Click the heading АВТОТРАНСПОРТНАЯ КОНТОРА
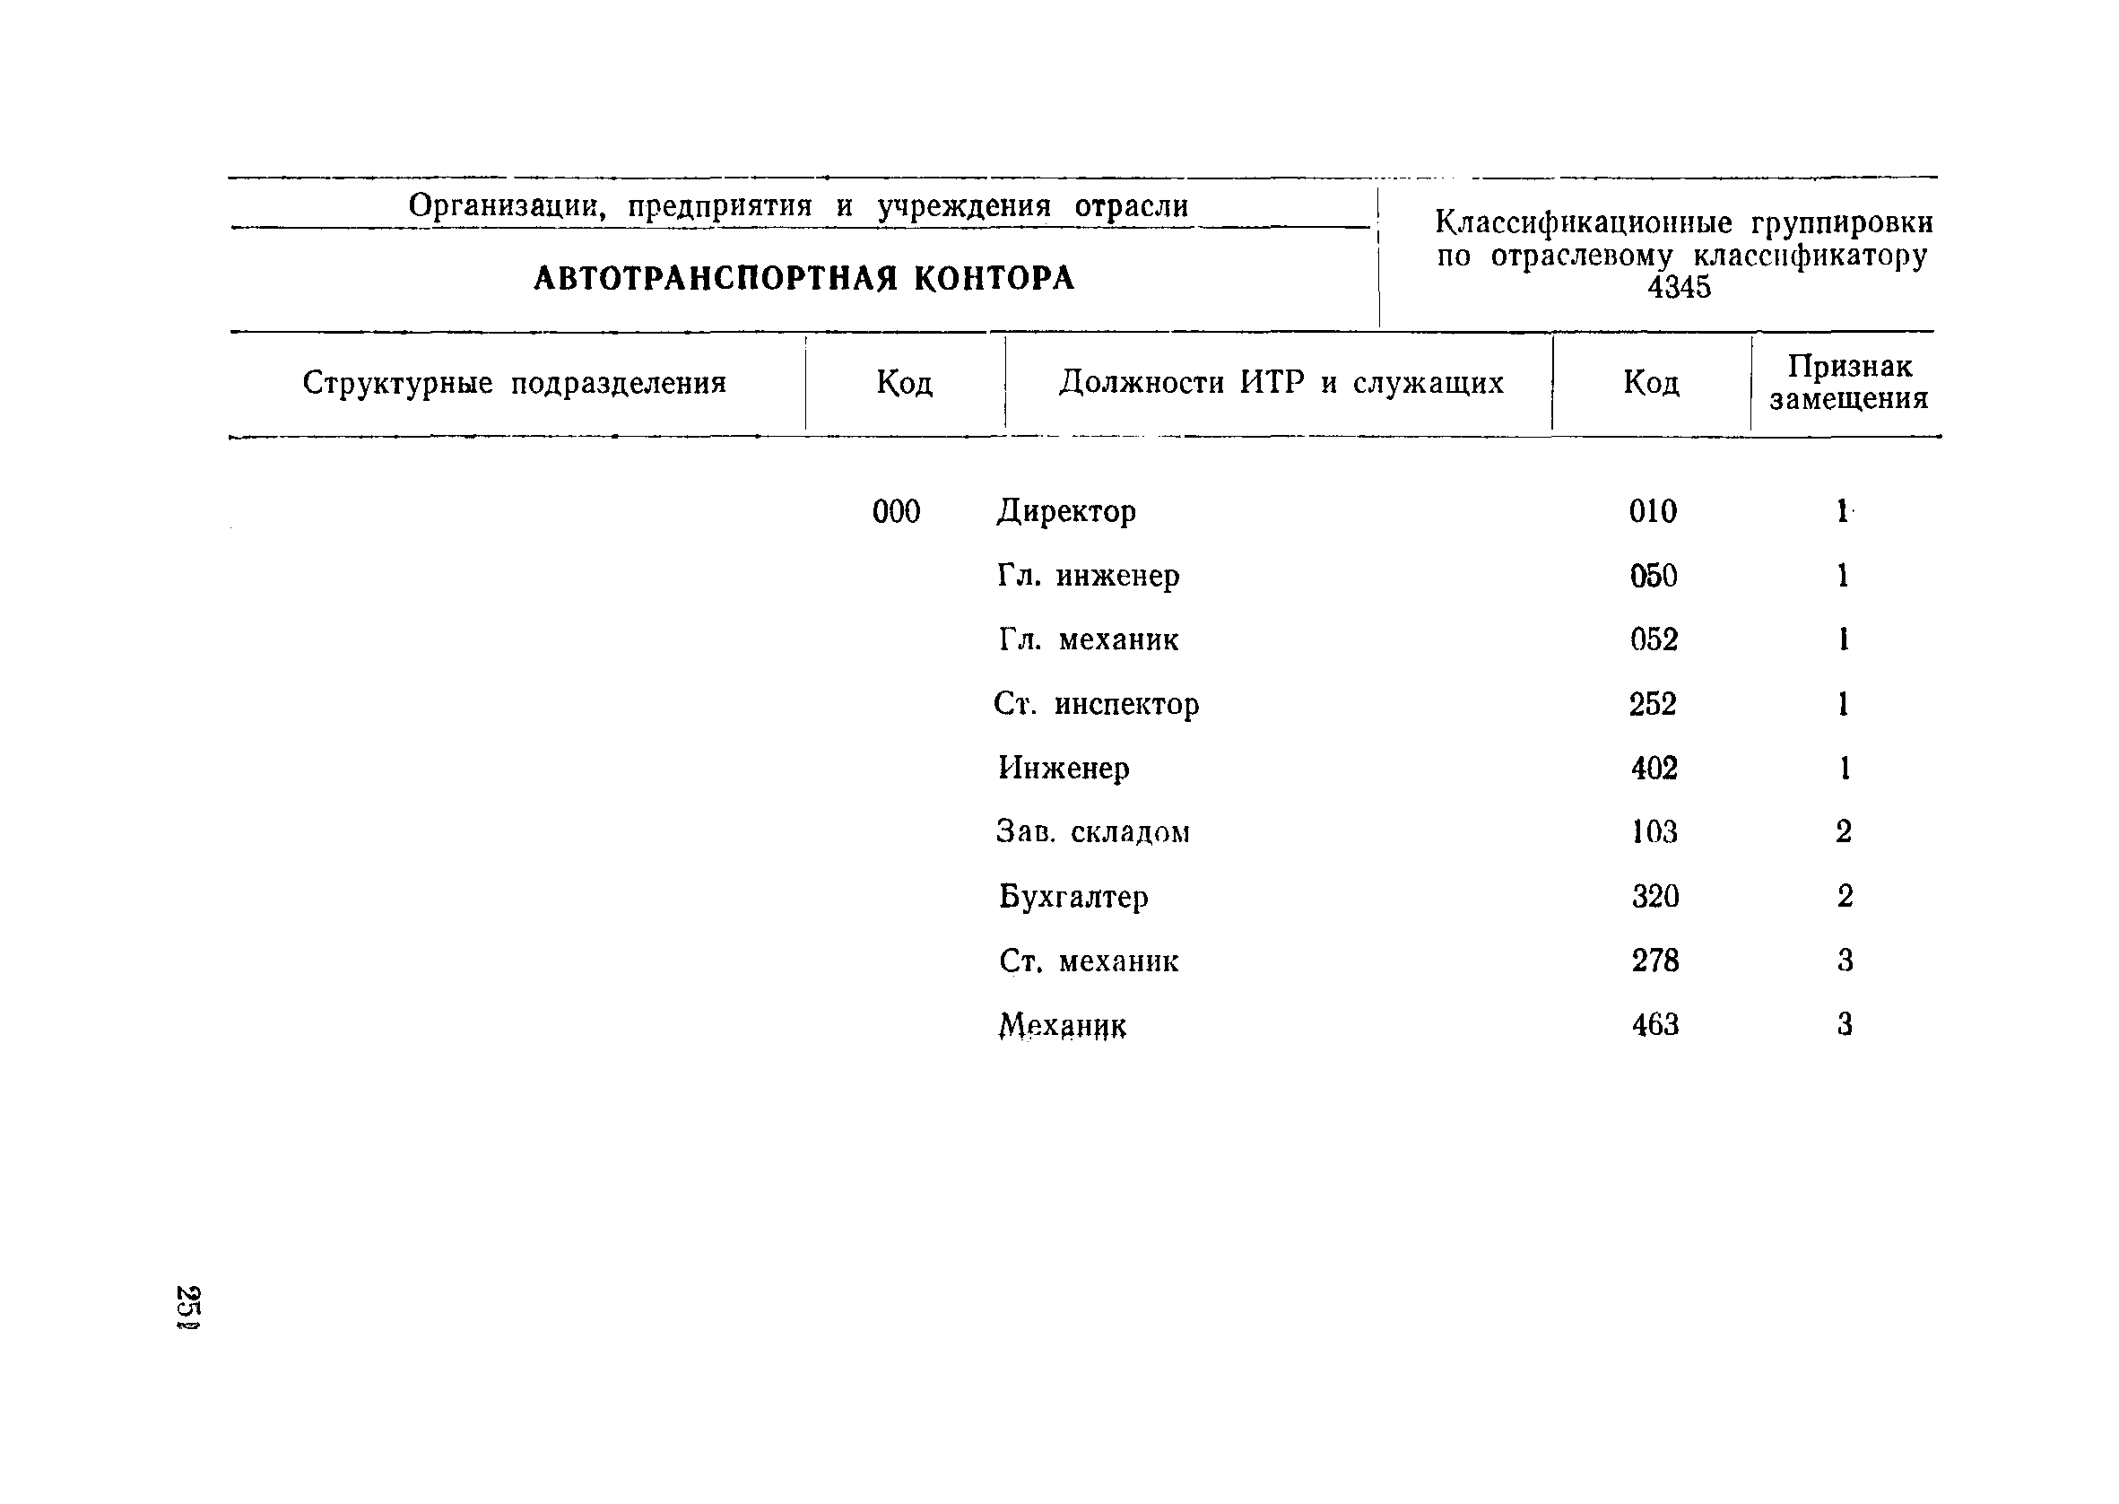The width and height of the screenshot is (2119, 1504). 803,278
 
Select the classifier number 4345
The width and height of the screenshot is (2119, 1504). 1679,287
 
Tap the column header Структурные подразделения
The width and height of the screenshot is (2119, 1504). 514,382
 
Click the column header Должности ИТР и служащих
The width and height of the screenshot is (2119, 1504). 1281,382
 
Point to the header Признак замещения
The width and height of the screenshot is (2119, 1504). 1848,382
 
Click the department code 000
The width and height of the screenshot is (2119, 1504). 895,511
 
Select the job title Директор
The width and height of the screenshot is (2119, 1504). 1065,511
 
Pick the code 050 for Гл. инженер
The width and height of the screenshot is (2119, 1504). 1653,576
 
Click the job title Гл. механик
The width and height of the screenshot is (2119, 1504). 1088,640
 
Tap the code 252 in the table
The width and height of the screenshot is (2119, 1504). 1653,705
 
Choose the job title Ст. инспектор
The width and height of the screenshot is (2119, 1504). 1096,705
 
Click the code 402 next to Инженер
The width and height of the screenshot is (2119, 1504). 1654,769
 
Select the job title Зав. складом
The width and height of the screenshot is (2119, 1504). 1092,832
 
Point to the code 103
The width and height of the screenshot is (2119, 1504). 1654,832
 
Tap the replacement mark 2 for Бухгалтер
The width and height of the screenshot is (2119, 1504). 1844,897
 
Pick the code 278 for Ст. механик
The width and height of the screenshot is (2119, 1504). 1654,961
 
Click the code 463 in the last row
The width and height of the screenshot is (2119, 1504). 1654,1025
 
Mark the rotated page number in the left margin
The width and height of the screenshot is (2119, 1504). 189,1307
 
